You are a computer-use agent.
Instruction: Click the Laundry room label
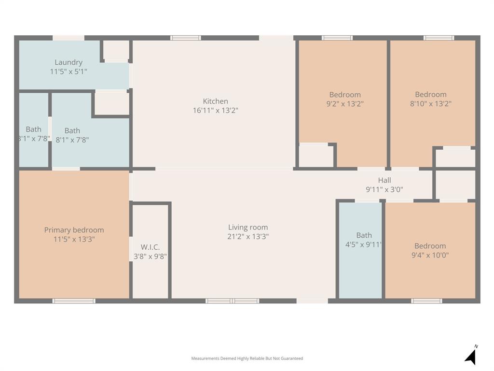69,62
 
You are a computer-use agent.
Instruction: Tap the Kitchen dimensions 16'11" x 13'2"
215,111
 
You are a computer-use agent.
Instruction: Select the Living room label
248,228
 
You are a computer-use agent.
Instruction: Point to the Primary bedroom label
74,230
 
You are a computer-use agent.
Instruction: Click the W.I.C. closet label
150,247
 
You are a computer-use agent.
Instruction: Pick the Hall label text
384,181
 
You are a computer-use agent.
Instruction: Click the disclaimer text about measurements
247,358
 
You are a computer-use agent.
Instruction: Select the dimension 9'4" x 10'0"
430,255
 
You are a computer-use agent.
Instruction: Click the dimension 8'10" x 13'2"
430,103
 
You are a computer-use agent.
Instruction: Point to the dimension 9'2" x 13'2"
345,104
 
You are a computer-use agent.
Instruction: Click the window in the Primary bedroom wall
74,301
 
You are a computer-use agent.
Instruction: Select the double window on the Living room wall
233,301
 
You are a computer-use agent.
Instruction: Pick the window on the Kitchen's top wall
186,38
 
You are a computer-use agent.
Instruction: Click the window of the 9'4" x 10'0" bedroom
426,301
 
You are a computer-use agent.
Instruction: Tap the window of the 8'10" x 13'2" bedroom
439,38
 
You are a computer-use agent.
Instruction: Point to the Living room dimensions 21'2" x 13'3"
248,237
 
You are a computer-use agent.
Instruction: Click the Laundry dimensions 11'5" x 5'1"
69,71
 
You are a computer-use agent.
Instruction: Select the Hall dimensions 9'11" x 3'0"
384,190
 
